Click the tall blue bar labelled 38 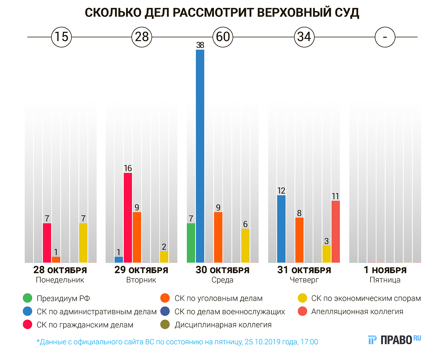point(200,156)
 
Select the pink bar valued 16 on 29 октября point(128,217)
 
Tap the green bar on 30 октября point(191,243)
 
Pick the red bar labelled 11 point(335,231)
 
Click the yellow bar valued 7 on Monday point(83,243)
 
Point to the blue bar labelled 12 point(281,229)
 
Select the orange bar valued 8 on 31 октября point(299,240)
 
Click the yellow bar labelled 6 point(245,245)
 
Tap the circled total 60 point(223,37)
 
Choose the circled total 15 point(62,37)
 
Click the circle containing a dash point(385,37)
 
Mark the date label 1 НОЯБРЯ point(385,270)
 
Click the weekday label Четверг point(304,280)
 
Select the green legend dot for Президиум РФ point(28,298)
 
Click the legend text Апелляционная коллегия point(357,312)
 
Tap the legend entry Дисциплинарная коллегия point(223,325)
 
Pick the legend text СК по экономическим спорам point(366,298)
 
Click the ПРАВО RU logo point(394,340)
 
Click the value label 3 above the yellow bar point(326,241)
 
